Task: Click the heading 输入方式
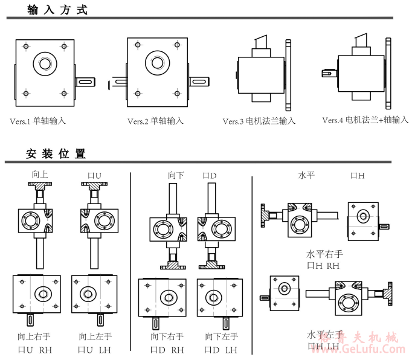(57, 10)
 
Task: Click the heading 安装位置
(56, 154)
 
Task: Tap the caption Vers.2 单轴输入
(155, 121)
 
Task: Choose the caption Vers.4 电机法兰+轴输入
(365, 120)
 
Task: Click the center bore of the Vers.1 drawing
(44, 62)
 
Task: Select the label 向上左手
(95, 336)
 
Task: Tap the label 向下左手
(222, 336)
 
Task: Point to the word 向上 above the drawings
(40, 175)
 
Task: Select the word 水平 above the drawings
(306, 175)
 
